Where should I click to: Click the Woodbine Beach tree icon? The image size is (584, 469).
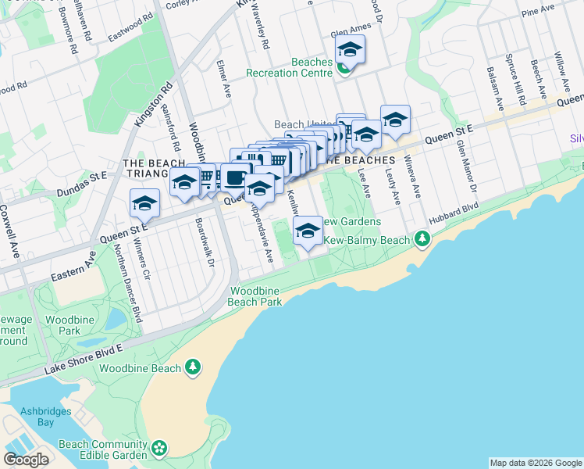[193, 367]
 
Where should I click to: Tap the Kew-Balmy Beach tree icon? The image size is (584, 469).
[422, 237]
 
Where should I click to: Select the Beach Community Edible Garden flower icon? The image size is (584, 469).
[159, 448]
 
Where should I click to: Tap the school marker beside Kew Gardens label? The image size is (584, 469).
[308, 231]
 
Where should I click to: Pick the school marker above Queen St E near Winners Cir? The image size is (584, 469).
[144, 204]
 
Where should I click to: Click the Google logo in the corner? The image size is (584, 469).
[27, 459]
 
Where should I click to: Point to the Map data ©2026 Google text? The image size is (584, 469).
[535, 463]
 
